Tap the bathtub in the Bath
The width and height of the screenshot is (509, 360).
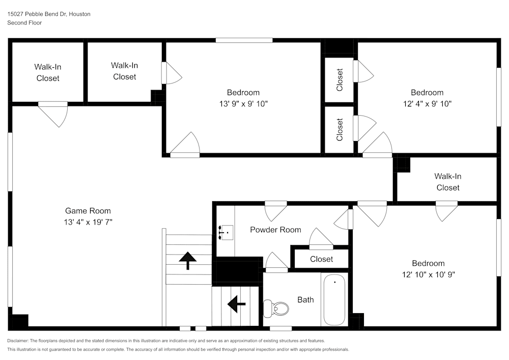tap(334, 299)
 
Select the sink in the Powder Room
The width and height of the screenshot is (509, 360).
tap(224, 232)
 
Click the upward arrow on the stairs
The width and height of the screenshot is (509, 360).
tap(188, 260)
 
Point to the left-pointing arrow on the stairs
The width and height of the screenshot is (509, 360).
tap(236, 304)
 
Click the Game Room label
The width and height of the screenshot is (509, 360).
tap(88, 211)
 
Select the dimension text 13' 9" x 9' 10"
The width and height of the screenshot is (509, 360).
tap(243, 103)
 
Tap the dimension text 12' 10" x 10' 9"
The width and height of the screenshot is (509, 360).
tap(428, 274)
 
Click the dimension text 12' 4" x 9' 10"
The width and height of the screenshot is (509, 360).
tap(427, 103)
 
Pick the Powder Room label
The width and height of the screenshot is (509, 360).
tap(275, 230)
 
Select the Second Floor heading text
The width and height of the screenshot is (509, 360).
tap(24, 23)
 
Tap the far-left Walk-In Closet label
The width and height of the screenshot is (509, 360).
tap(48, 72)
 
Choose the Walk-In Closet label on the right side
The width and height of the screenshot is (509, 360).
tap(447, 182)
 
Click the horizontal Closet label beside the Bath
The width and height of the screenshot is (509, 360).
tap(321, 259)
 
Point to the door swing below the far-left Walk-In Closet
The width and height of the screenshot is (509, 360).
tap(54, 114)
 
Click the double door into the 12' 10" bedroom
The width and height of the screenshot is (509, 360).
tap(372, 212)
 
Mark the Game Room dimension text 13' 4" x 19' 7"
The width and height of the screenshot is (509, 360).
tap(88, 222)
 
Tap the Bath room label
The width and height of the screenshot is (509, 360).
tap(305, 300)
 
